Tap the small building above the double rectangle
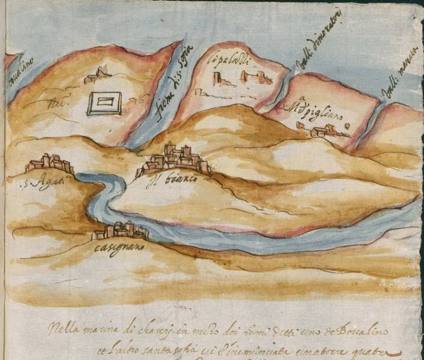click(x=97, y=76)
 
